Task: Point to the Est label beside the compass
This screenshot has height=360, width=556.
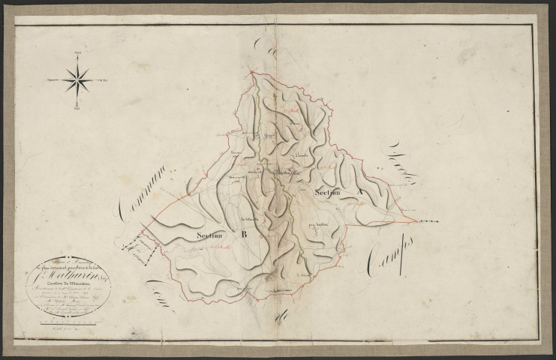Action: tap(105, 77)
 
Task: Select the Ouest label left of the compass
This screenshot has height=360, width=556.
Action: tap(52, 77)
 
